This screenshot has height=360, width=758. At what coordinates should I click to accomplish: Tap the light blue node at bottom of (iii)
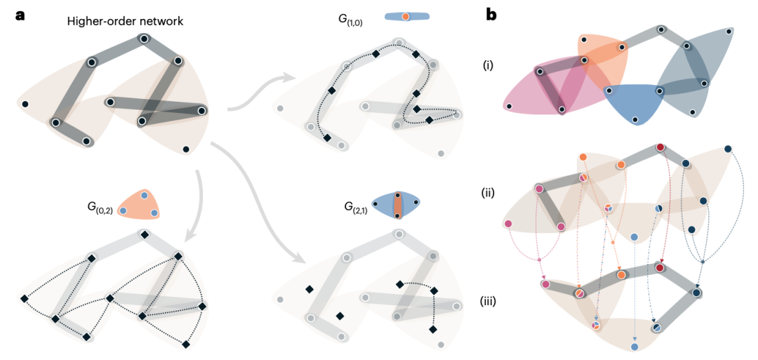point(634,347)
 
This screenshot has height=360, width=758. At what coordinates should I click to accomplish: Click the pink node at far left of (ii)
point(507,224)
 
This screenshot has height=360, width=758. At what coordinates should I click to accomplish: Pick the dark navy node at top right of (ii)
point(728,149)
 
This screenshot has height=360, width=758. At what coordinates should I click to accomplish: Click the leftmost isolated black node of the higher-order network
point(25,105)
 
